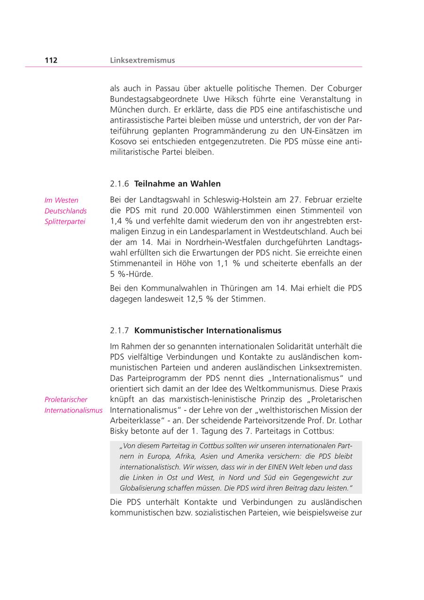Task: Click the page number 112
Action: click(51, 60)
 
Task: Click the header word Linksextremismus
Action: click(142, 60)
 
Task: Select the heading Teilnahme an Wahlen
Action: click(177, 183)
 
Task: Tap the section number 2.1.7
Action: click(119, 330)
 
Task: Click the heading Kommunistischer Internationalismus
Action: click(208, 330)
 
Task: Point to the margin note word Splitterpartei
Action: click(65, 222)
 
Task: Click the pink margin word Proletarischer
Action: click(66, 399)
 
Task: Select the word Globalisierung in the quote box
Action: click(146, 488)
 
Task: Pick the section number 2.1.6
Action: click(119, 183)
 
